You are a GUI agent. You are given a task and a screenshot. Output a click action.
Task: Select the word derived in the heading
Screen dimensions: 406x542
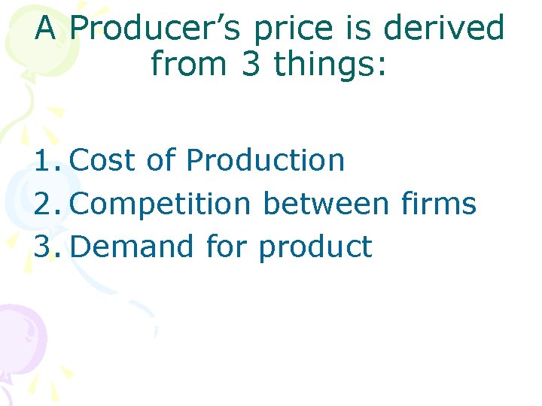[444, 29]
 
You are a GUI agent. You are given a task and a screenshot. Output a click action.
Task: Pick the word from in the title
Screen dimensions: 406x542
[189, 64]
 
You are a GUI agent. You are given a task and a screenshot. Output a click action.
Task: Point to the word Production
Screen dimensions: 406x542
[265, 160]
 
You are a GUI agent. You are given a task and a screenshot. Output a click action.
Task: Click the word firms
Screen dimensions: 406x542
[439, 204]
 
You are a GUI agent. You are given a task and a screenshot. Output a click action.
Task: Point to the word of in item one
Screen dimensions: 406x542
[161, 160]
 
